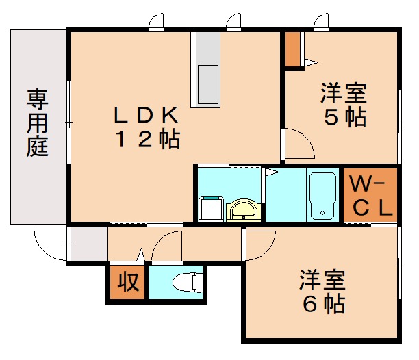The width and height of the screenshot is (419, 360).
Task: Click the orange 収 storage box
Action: [x=126, y=282]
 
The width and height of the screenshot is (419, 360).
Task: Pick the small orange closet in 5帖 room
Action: [x=293, y=49]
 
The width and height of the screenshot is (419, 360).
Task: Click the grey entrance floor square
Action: [x=88, y=244]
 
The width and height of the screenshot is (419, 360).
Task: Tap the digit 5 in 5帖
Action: [x=331, y=117]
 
